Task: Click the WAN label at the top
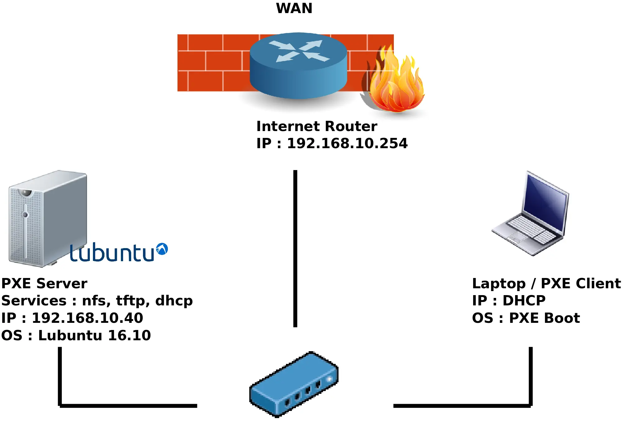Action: click(x=294, y=8)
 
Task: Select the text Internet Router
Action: click(x=316, y=126)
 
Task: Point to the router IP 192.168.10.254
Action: click(x=332, y=143)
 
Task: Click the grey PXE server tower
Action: click(x=47, y=218)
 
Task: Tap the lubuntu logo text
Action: click(x=112, y=253)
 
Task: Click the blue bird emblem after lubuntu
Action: click(x=162, y=249)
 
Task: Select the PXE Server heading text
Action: click(x=44, y=283)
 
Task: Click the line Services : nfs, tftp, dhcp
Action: click(x=97, y=300)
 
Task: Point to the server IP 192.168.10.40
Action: click(x=72, y=318)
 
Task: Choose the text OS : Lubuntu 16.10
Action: click(x=76, y=335)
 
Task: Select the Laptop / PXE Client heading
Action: click(x=546, y=283)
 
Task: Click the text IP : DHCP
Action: click(x=509, y=300)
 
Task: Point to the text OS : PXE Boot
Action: click(x=526, y=318)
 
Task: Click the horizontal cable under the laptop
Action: click(x=462, y=406)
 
